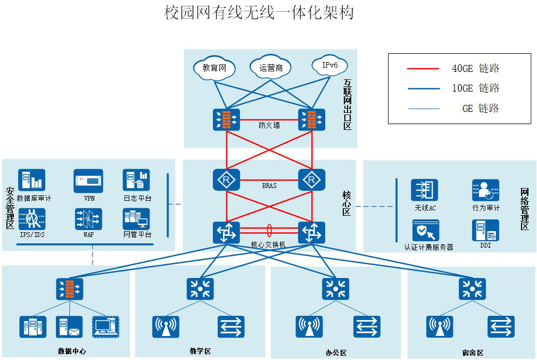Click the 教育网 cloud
[214, 68]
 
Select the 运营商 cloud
[271, 68]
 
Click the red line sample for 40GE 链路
[423, 69]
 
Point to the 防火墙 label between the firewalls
[269, 126]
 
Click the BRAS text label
[269, 186]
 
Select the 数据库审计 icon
[32, 181]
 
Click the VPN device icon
[88, 181]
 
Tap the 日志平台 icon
[136, 181]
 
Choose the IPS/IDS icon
[32, 219]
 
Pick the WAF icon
[88, 219]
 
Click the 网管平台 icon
[136, 219]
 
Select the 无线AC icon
[424, 191]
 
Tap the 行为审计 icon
[485, 191]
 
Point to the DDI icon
[485, 230]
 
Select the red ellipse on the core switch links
[269, 230]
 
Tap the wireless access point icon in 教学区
[166, 326]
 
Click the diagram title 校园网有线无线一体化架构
[259, 13]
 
